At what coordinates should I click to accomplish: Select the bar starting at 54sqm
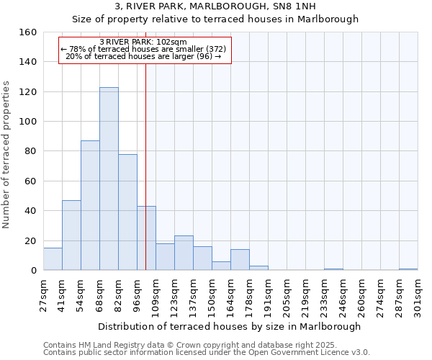click(x=90, y=205)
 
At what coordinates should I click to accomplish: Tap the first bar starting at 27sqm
click(x=53, y=259)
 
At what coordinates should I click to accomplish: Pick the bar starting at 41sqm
click(x=71, y=235)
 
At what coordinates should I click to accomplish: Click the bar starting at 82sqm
click(x=127, y=212)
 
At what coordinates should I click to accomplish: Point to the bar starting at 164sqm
click(x=240, y=260)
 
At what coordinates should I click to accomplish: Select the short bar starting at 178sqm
click(x=258, y=268)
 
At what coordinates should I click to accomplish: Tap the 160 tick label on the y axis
click(x=28, y=32)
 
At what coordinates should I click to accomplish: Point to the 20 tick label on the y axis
click(x=31, y=241)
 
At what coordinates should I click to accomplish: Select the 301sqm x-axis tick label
click(x=423, y=294)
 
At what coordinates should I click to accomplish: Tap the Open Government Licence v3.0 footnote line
click(x=207, y=352)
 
